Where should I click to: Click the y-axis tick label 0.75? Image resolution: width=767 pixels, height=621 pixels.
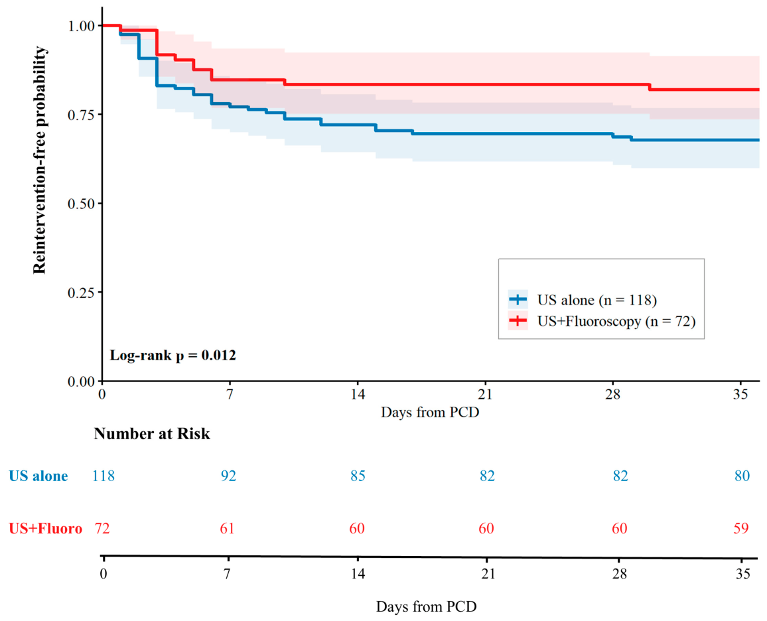81,114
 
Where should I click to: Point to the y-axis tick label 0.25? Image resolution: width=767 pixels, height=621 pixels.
81,293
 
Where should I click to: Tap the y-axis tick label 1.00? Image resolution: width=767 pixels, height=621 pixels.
81,25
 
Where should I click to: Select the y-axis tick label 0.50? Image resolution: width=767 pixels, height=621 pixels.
81,204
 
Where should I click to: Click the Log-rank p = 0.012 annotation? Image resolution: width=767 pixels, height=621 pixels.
173,356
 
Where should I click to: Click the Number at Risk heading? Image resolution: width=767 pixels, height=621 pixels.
152,434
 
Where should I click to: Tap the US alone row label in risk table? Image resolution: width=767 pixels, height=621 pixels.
38,476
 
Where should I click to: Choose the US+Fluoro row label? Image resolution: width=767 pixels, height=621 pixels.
46,529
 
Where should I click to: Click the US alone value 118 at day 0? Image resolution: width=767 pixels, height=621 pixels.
104,476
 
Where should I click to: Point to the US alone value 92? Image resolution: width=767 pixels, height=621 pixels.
228,476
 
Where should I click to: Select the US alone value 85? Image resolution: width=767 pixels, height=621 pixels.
358,476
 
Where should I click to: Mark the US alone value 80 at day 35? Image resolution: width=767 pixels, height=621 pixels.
742,476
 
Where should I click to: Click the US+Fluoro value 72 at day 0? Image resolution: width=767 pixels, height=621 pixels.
102,529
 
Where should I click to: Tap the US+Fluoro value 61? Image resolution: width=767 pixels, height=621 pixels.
227,529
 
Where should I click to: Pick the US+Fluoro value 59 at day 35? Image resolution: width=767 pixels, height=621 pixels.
741,529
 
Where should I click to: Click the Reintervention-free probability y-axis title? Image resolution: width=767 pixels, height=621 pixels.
40,160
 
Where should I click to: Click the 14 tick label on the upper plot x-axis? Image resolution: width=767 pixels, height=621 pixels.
358,395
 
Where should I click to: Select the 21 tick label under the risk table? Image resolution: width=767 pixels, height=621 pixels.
488,573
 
